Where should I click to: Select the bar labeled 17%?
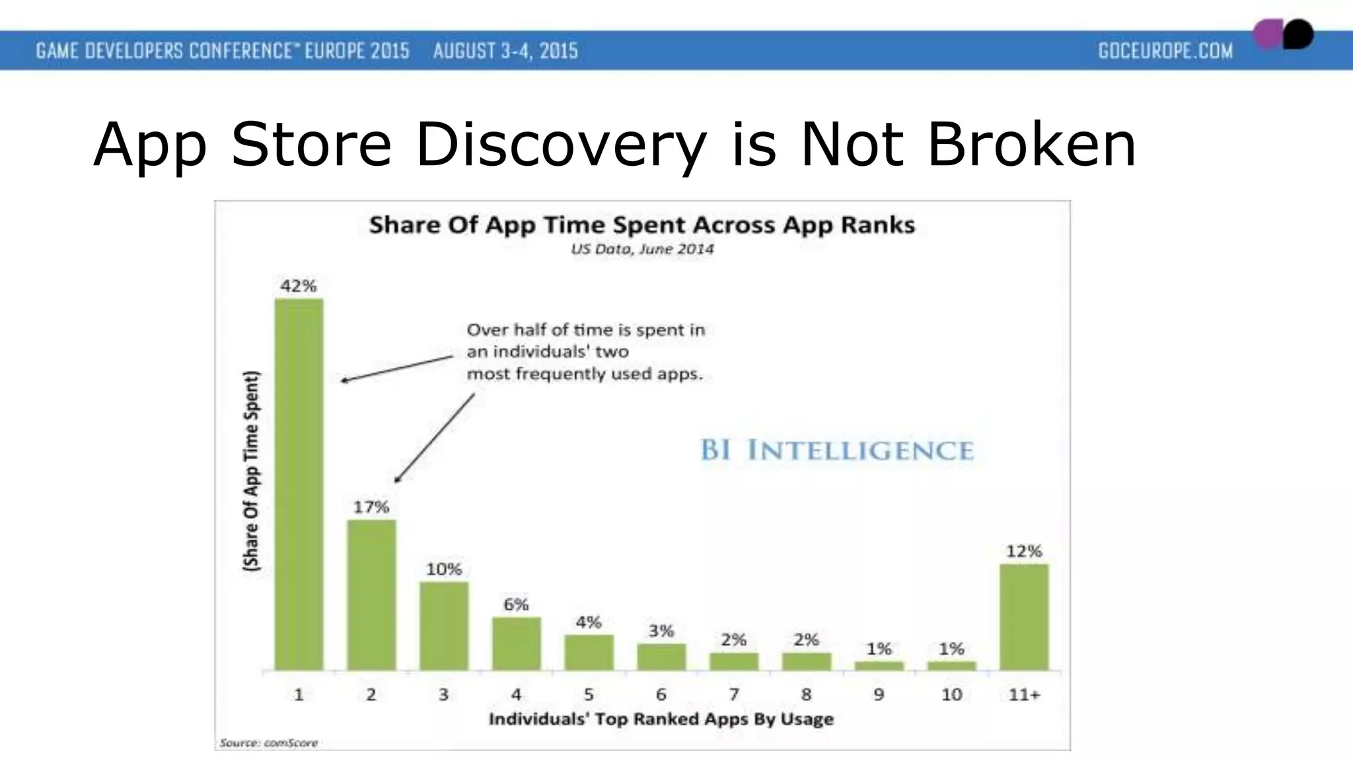click(371, 595)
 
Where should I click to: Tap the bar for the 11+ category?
click(1023, 617)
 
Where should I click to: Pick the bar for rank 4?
click(516, 643)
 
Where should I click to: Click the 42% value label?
click(299, 286)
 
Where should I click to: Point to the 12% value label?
click(1023, 551)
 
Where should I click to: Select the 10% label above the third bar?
click(443, 569)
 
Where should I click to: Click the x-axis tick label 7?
click(733, 694)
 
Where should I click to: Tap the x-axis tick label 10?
click(951, 694)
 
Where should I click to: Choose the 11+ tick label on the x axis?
click(1024, 694)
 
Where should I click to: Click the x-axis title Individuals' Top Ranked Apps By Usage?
click(661, 719)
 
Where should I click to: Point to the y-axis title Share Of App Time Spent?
click(252, 470)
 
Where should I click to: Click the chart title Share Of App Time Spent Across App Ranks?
click(641, 225)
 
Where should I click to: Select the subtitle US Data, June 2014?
click(641, 249)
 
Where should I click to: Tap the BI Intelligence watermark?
click(836, 451)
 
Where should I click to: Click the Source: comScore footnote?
click(268, 743)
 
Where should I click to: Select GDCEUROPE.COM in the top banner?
click(1165, 51)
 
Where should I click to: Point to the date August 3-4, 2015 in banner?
click(505, 51)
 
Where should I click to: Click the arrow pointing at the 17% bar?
click(434, 438)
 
